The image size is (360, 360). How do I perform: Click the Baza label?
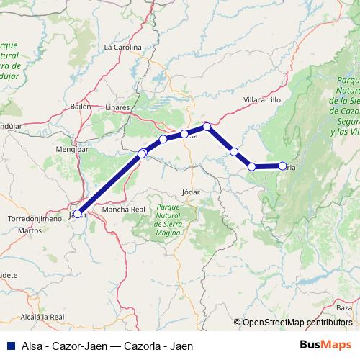(x=344, y=307)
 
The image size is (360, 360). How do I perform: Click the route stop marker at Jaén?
(x=77, y=214)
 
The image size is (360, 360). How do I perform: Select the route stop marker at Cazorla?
(x=282, y=166)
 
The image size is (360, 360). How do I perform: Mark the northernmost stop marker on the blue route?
(x=207, y=127)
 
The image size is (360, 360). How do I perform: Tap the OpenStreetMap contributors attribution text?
(x=297, y=322)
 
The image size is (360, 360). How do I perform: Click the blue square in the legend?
(x=12, y=346)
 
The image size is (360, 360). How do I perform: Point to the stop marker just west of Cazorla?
(x=252, y=166)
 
